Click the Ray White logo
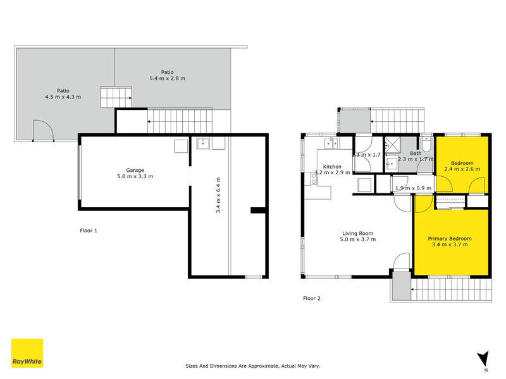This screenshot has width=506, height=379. (27, 353)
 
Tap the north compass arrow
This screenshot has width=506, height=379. (484, 358)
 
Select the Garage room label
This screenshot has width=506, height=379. (135, 170)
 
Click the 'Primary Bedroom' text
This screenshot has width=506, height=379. (452, 239)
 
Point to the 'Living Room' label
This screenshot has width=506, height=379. (358, 232)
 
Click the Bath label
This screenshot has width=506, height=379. (416, 153)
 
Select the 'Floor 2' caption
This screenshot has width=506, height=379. (312, 298)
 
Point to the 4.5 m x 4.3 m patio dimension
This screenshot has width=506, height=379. (63, 97)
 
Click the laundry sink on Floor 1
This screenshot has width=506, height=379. (203, 144)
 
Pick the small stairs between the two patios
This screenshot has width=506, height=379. (116, 97)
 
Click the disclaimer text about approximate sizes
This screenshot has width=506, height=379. (253, 366)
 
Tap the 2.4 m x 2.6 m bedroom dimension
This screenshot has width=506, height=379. (462, 169)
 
